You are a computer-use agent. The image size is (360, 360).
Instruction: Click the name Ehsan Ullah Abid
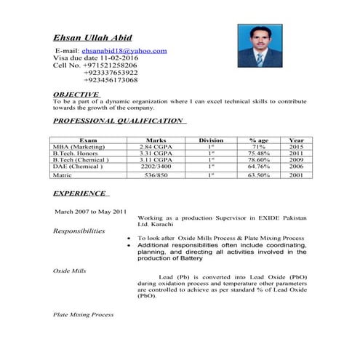pos(103,37)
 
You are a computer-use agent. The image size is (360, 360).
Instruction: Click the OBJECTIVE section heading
pos(76,95)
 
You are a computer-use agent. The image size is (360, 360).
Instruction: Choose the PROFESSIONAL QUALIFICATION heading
pos(119,121)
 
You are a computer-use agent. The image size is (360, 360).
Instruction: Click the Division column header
pos(211,140)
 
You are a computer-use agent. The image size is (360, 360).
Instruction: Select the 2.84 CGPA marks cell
pos(156,147)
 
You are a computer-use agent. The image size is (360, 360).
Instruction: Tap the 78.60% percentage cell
pos(259,160)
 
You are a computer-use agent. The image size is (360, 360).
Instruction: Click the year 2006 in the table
pos(296,167)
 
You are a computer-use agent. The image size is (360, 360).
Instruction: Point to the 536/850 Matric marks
pos(156,175)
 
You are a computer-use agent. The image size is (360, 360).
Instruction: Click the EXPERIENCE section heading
pos(79,194)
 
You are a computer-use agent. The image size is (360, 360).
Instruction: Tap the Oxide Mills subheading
pos(70,271)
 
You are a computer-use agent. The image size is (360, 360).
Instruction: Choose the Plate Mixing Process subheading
pos(84,315)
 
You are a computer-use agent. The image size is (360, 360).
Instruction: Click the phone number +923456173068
pos(111,80)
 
